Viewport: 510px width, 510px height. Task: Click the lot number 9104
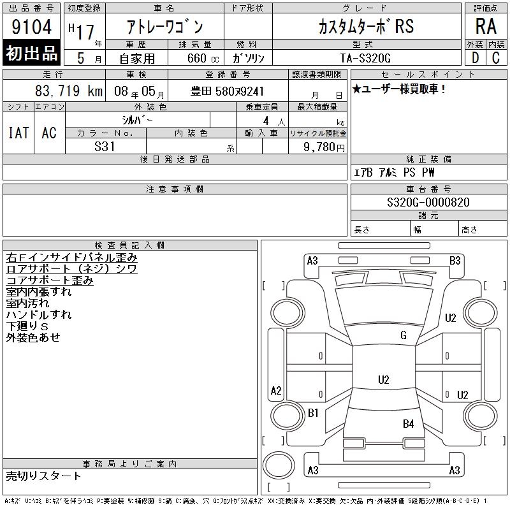[31, 26]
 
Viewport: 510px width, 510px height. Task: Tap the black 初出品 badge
[31, 52]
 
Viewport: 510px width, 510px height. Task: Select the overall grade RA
[486, 26]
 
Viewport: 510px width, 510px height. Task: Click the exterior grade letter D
[475, 58]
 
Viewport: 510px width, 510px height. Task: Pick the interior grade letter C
[496, 58]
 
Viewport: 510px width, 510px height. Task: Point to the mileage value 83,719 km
[69, 91]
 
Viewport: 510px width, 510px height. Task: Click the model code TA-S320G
[365, 58]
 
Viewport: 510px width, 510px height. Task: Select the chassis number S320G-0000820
[428, 202]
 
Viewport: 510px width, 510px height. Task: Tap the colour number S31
[105, 147]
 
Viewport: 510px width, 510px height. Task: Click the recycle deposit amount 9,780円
[324, 147]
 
